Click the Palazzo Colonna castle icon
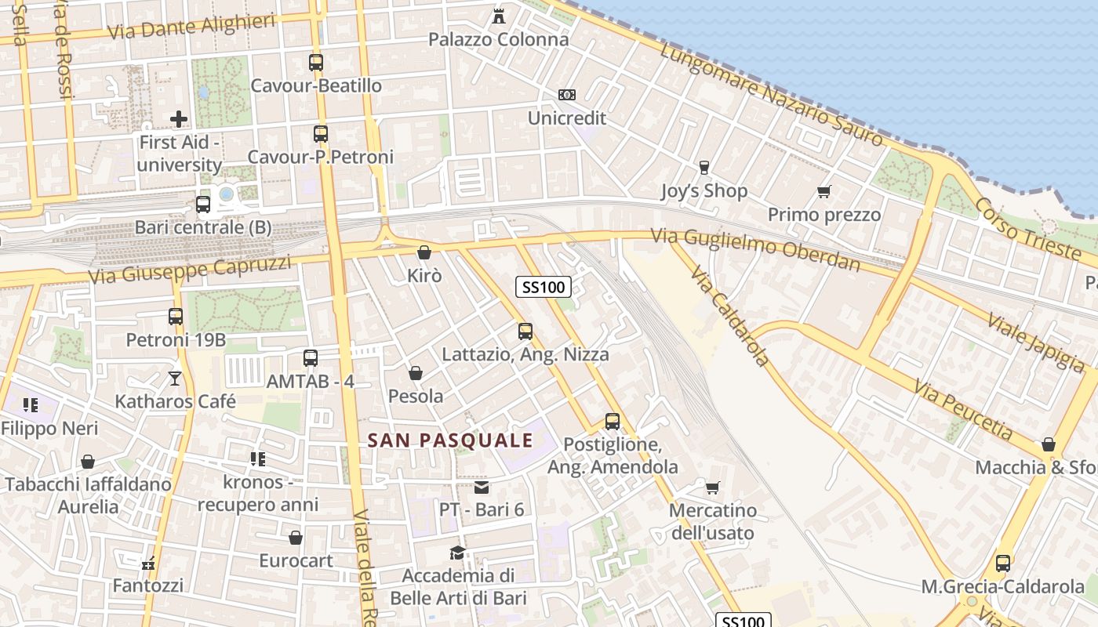pyautogui.click(x=498, y=16)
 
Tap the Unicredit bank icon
pyautogui.click(x=566, y=95)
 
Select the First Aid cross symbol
pyautogui.click(x=179, y=119)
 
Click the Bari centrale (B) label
pyautogui.click(x=203, y=227)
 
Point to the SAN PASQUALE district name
pyautogui.click(x=450, y=440)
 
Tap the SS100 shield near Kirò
pyautogui.click(x=544, y=287)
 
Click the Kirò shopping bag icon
pyautogui.click(x=424, y=252)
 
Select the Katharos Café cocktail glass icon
pyautogui.click(x=175, y=379)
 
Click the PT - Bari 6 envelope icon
pyautogui.click(x=482, y=487)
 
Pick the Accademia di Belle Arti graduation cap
pyautogui.click(x=457, y=553)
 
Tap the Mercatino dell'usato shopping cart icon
pyautogui.click(x=712, y=488)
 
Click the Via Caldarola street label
pyautogui.click(x=729, y=316)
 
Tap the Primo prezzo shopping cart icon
pyautogui.click(x=823, y=191)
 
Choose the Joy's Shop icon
pyautogui.click(x=704, y=167)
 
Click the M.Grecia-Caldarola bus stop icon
pyautogui.click(x=1002, y=563)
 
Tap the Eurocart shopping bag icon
pyautogui.click(x=296, y=538)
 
